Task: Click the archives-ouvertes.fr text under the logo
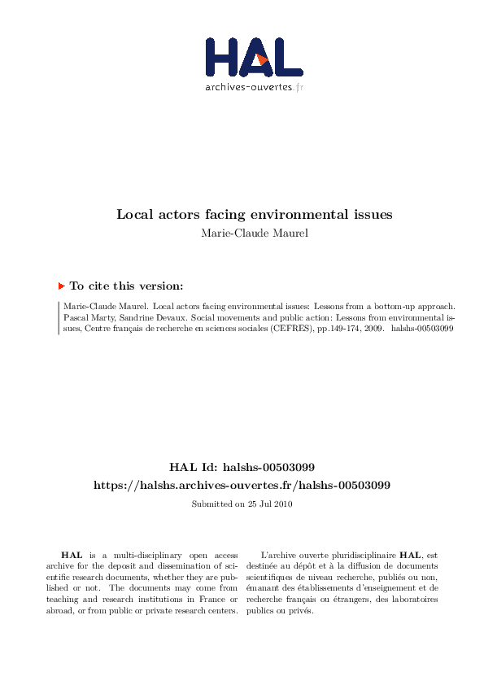[255, 86]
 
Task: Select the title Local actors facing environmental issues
[254, 215]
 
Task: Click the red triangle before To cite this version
[62, 286]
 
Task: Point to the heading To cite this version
[126, 286]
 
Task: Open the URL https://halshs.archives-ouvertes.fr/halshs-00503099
[242, 485]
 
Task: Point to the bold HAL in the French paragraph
[410, 554]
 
